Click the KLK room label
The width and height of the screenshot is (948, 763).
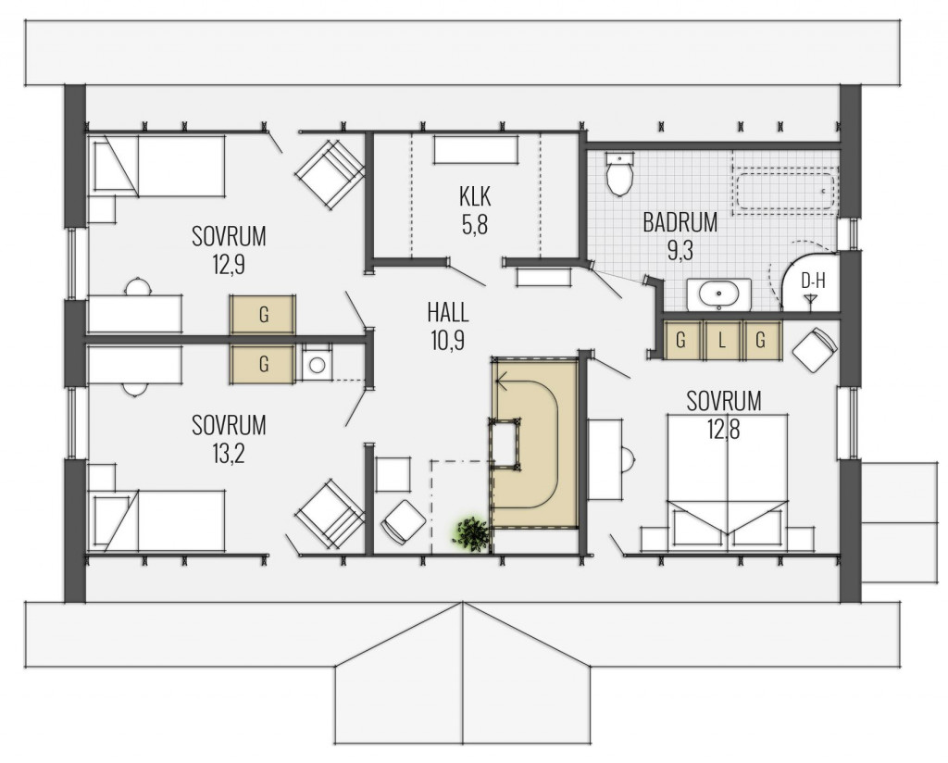[x=474, y=196]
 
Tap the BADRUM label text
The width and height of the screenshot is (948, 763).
[x=680, y=221]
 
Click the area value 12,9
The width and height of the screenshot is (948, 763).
[x=229, y=265]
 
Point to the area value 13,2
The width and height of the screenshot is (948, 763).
[x=229, y=454]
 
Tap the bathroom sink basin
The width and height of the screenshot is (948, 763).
[x=719, y=295]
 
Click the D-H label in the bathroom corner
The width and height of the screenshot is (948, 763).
[x=812, y=280]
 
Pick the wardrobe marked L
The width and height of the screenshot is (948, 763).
[x=721, y=341]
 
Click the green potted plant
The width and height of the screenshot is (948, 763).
[x=471, y=534]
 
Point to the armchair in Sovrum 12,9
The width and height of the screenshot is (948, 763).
[x=329, y=171]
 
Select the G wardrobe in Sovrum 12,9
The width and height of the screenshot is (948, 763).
[x=263, y=315]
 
